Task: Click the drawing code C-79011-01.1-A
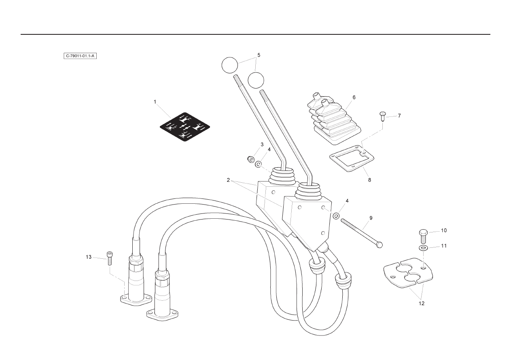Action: (x=80, y=56)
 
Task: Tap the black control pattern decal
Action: (x=185, y=127)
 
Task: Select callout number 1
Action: (x=155, y=102)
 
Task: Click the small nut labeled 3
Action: (x=251, y=160)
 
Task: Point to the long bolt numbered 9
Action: (x=362, y=234)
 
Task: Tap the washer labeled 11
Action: (x=423, y=248)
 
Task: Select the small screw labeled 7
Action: (x=382, y=117)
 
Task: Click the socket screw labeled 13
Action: (x=110, y=258)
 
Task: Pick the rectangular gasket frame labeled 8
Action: (x=352, y=158)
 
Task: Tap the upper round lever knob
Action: (x=230, y=65)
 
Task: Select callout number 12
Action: (x=421, y=303)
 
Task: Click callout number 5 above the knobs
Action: (x=259, y=55)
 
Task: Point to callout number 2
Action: (x=228, y=180)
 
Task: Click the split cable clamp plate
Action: (x=408, y=273)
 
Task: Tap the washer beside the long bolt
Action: (x=336, y=216)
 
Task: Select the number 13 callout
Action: (x=89, y=257)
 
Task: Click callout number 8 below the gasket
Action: (x=369, y=180)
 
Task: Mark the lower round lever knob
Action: (x=256, y=80)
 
